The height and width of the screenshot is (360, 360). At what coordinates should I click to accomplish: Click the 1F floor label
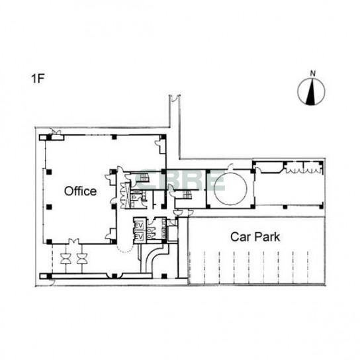click(38, 79)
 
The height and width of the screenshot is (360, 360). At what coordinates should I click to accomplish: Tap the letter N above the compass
click(312, 73)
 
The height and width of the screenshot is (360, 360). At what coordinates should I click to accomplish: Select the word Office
click(80, 191)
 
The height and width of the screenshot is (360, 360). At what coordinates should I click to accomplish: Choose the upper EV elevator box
click(139, 226)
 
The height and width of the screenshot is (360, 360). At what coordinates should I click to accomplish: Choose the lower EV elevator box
click(139, 236)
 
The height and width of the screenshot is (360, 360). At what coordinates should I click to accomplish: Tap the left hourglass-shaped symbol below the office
click(66, 259)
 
